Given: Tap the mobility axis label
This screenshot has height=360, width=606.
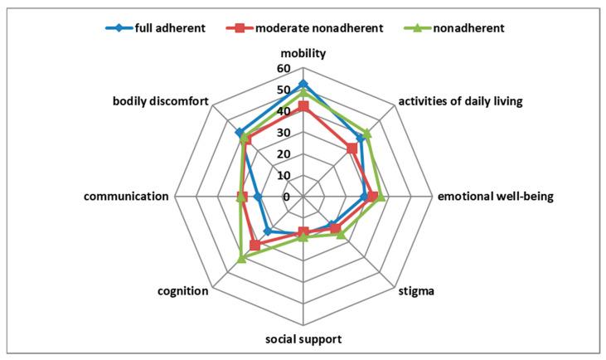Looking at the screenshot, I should (303, 53).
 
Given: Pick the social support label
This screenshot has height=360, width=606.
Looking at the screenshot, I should (303, 339).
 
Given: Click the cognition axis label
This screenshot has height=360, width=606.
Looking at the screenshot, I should (182, 291).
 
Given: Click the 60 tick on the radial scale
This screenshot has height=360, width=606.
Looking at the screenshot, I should (284, 69).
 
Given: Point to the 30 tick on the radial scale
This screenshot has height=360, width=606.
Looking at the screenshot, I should (284, 133).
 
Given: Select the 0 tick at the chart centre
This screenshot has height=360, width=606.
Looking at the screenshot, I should (287, 197).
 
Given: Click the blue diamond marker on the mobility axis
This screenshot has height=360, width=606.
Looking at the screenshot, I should (303, 84).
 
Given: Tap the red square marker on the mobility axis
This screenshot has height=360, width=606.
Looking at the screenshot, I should (303, 106).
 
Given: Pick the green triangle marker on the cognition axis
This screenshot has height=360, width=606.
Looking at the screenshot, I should (241, 259).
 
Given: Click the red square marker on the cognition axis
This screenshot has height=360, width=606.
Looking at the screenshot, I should (255, 246).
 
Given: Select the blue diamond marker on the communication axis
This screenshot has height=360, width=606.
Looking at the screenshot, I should (258, 197).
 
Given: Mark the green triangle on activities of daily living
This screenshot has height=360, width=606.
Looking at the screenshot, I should (366, 133).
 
